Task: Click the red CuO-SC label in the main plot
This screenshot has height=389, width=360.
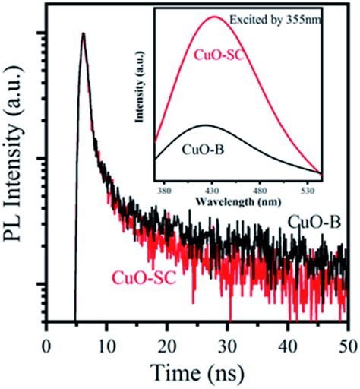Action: [x=144, y=277]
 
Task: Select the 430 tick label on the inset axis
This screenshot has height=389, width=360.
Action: [x=213, y=172]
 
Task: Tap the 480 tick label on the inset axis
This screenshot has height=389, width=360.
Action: [x=261, y=172]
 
